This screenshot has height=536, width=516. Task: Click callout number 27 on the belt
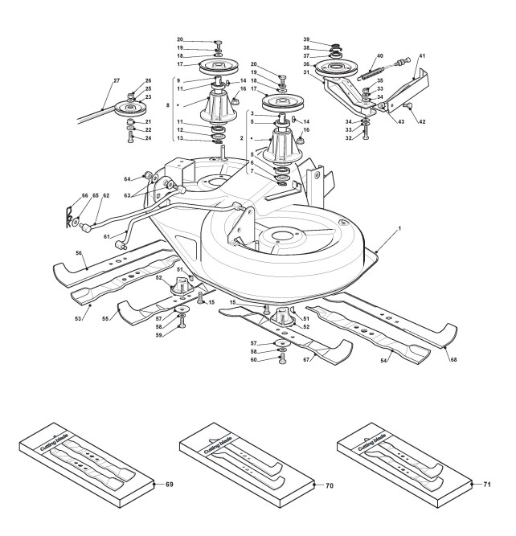click(116, 81)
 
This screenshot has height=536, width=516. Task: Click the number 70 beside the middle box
click(330, 485)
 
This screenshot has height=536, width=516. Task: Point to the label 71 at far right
click(487, 485)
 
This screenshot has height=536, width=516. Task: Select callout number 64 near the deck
click(128, 178)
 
